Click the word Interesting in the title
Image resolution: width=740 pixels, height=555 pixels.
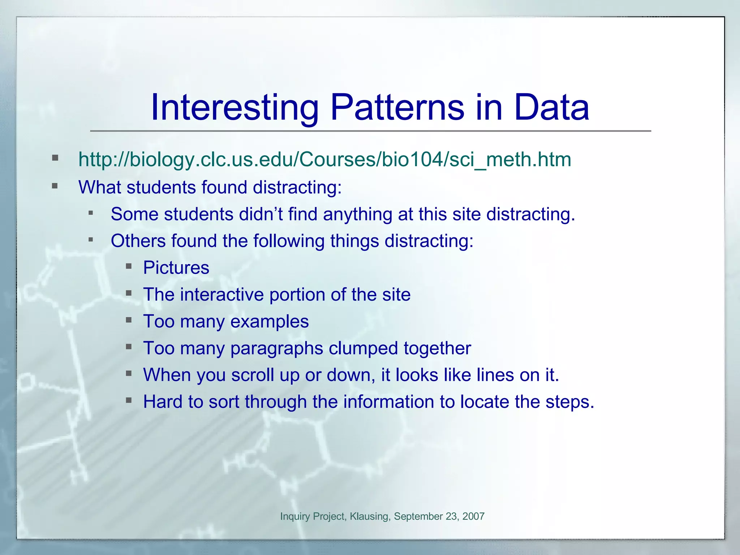pyautogui.click(x=234, y=107)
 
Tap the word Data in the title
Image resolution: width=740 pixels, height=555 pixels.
pyautogui.click(x=552, y=107)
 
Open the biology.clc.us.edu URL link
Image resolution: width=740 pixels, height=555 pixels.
pyautogui.click(x=324, y=159)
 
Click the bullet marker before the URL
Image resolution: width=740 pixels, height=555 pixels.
pyautogui.click(x=55, y=158)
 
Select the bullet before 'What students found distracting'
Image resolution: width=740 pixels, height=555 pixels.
pyautogui.click(x=55, y=186)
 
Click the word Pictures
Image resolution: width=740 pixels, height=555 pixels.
pyautogui.click(x=176, y=268)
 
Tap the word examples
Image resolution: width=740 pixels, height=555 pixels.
pyautogui.click(x=270, y=322)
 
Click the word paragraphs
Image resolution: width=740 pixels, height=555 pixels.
pyautogui.click(x=277, y=349)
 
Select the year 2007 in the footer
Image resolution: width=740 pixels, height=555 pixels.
pyautogui.click(x=473, y=516)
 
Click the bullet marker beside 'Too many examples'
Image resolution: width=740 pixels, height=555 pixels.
pyautogui.click(x=129, y=320)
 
